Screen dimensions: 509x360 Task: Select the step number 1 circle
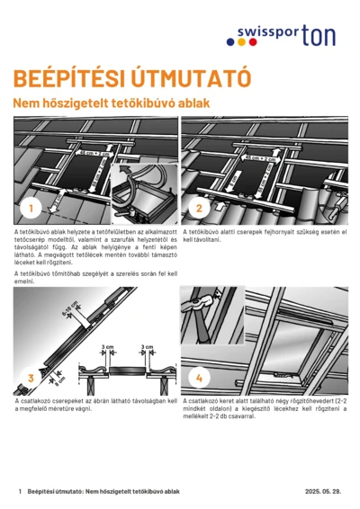[30, 210]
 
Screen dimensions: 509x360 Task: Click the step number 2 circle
[199, 210]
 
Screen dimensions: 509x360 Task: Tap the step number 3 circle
[30, 378]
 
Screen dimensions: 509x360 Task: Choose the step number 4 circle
[199, 378]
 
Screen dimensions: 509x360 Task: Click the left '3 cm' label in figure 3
[109, 346]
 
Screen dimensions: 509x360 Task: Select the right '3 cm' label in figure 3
[146, 346]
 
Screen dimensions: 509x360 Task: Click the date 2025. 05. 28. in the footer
[325, 492]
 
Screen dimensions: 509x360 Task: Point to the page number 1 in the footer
[20, 492]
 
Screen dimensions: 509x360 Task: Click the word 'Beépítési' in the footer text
[44, 492]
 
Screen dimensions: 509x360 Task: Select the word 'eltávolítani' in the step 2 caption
[202, 240]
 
